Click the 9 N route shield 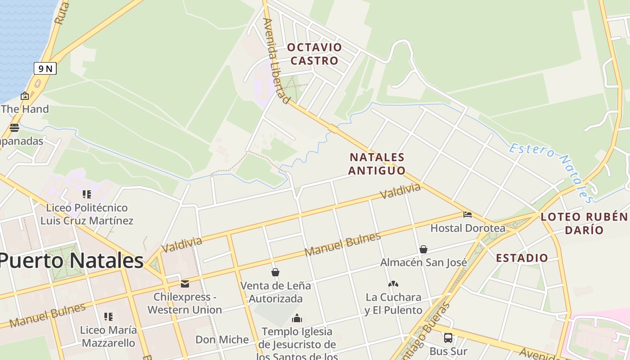click(45, 69)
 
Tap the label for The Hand click(25, 109)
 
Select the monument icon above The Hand click(25, 96)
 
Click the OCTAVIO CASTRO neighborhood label click(315, 54)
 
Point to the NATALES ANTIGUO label click(377, 164)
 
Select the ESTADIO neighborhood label click(522, 258)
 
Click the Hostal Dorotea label click(468, 228)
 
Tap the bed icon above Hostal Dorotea click(468, 215)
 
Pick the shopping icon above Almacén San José click(423, 249)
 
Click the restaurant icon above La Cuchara click(393, 284)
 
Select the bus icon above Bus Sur click(448, 337)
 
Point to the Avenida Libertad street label click(276, 61)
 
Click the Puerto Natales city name click(71, 261)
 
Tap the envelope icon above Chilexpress click(185, 284)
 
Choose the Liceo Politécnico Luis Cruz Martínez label click(87, 214)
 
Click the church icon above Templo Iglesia click(297, 319)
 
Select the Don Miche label click(222, 340)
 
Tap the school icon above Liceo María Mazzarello click(108, 317)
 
